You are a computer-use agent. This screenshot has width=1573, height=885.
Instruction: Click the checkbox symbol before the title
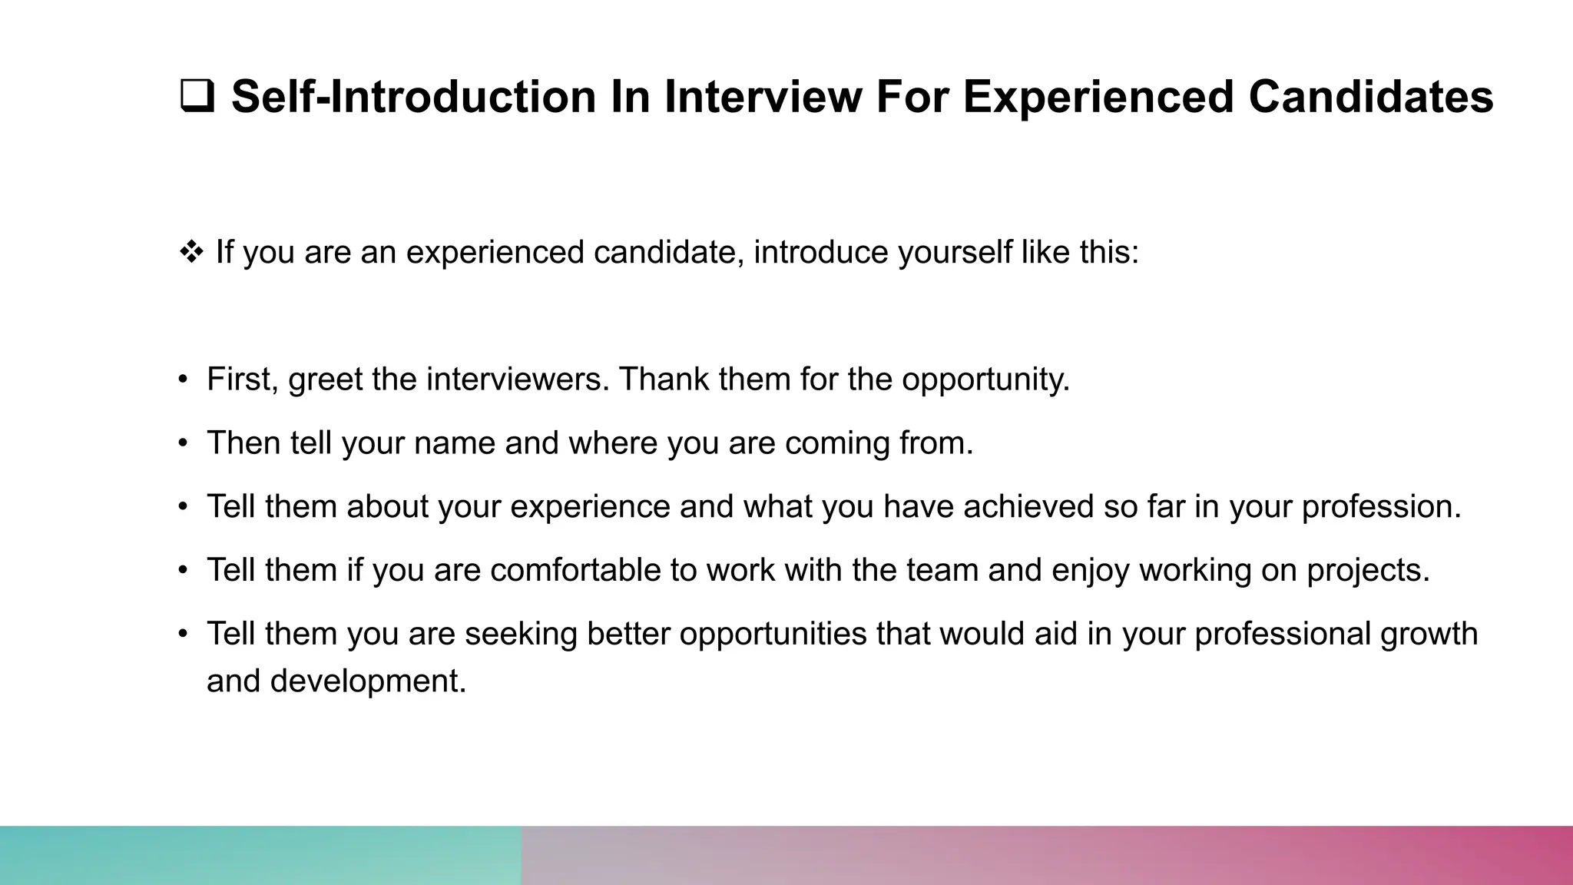click(x=197, y=98)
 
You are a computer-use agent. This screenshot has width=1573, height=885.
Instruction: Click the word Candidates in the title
click(x=1370, y=98)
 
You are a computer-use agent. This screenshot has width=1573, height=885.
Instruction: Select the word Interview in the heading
click(x=763, y=98)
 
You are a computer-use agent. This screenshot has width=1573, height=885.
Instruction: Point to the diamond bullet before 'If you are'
click(x=190, y=252)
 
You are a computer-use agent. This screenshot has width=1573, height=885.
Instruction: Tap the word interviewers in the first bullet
click(x=517, y=379)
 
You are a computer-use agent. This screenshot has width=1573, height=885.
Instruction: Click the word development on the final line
click(x=367, y=681)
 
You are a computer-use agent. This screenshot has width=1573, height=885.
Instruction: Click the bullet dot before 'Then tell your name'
click(x=183, y=443)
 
